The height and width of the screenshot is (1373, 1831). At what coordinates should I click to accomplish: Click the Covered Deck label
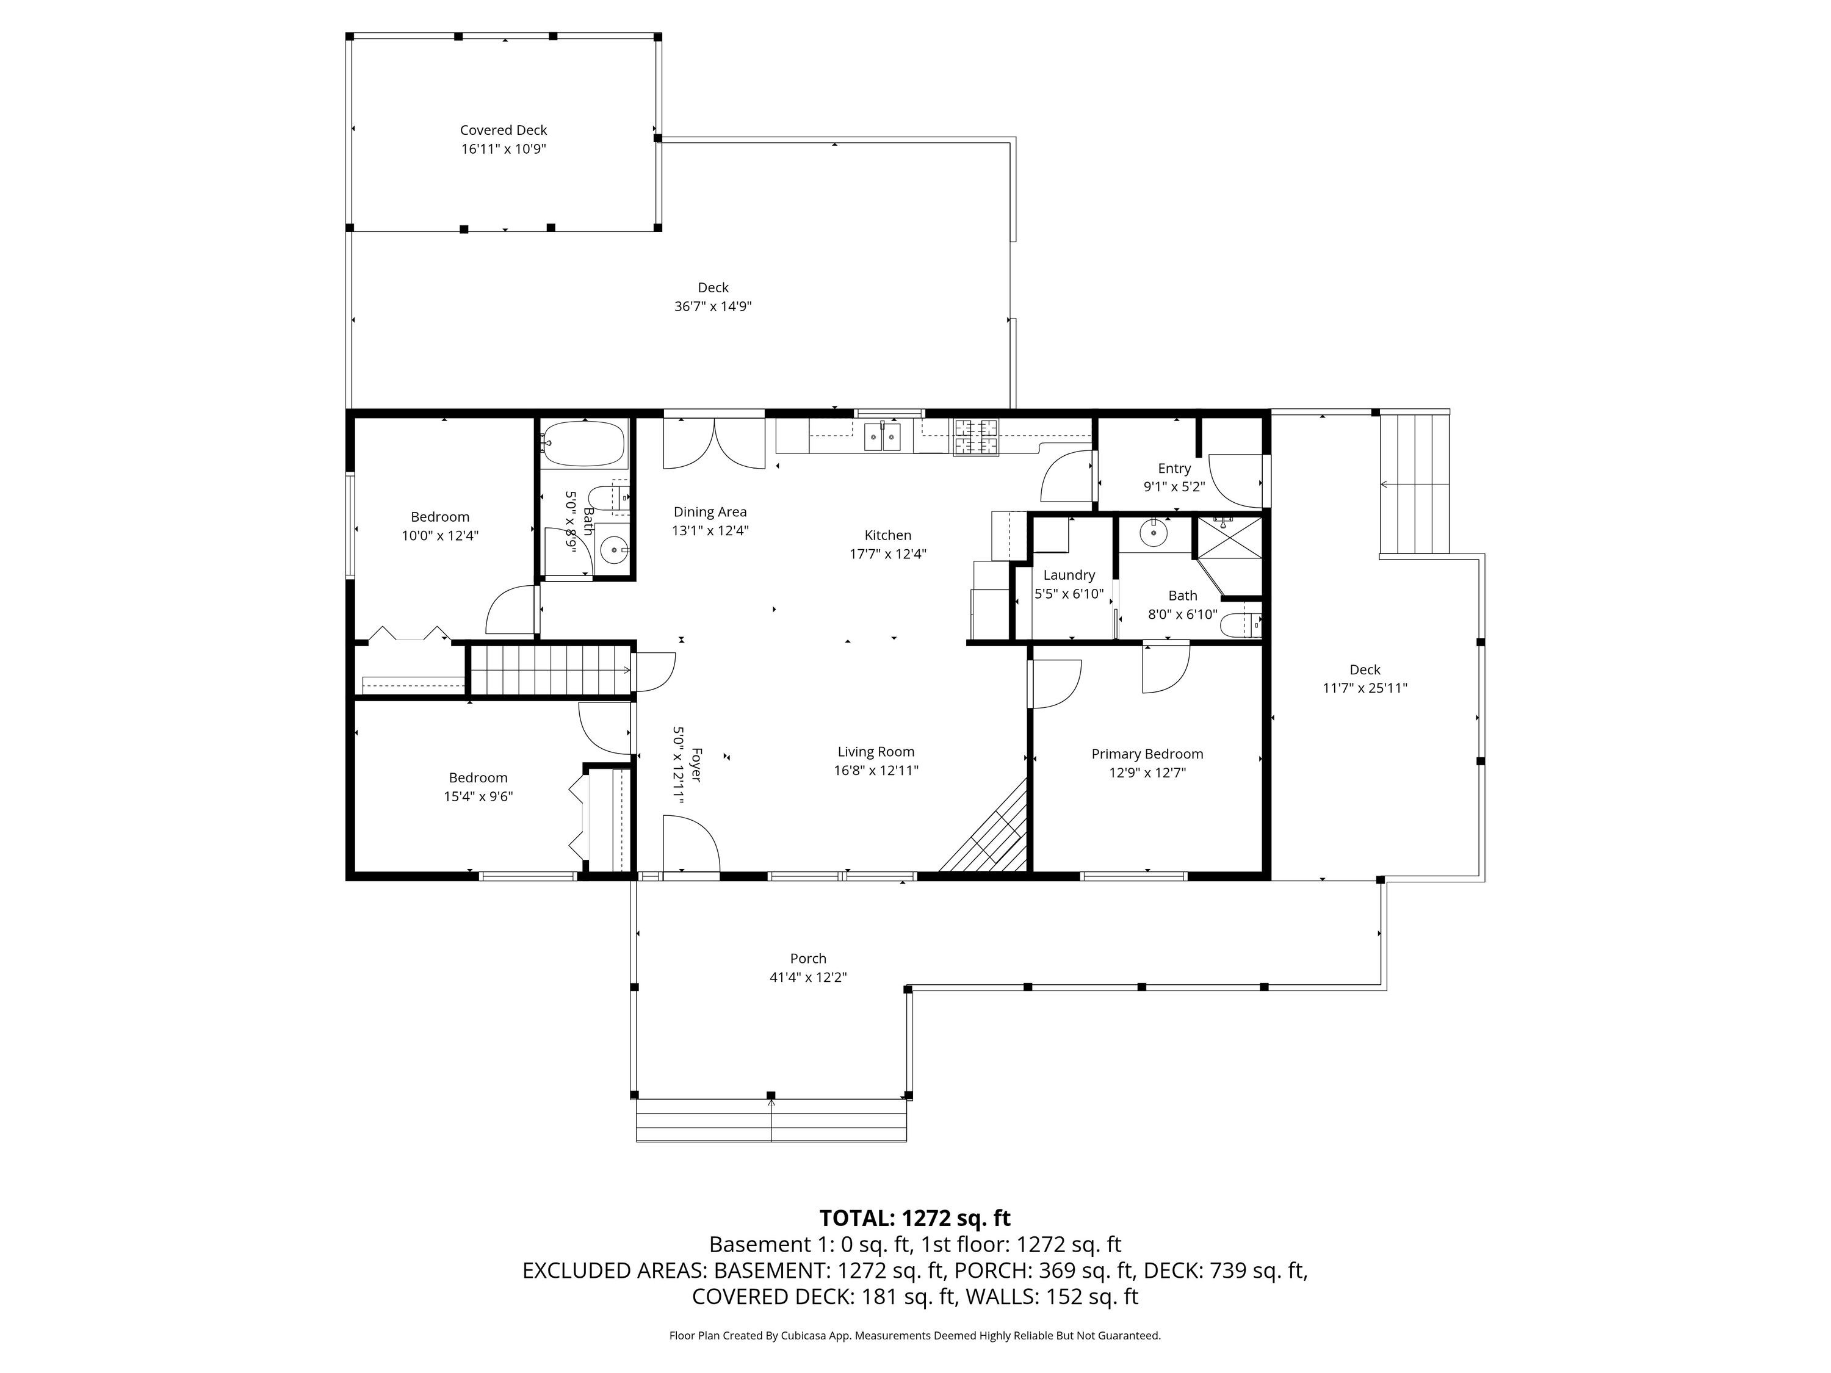click(504, 130)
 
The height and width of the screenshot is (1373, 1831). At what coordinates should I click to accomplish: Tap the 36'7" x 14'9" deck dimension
click(713, 306)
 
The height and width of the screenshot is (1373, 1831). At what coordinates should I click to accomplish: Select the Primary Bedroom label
click(1147, 754)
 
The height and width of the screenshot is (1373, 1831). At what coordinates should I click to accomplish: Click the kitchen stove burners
click(977, 437)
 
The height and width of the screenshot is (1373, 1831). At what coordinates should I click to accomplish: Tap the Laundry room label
click(1069, 575)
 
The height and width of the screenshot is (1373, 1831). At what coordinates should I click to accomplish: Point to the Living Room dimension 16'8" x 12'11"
click(876, 771)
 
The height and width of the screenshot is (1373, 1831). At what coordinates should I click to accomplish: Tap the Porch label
click(808, 959)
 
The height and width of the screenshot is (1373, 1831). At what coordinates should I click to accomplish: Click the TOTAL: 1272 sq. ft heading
click(915, 1218)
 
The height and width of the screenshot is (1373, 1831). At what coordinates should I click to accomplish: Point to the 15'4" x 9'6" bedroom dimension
click(479, 797)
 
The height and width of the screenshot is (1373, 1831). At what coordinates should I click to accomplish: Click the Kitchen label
click(888, 535)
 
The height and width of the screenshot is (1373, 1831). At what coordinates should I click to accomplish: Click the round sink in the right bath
click(1152, 534)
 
